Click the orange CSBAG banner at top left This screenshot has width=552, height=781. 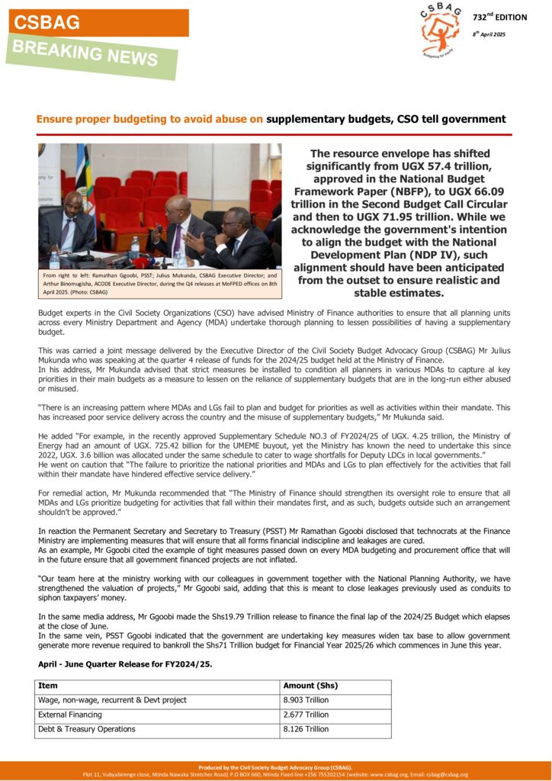tap(98, 23)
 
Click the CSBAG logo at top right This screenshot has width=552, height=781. tap(440, 30)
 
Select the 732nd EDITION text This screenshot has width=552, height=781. tap(499, 17)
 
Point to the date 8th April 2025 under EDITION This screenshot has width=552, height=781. tap(489, 34)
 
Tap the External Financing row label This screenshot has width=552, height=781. tap(70, 715)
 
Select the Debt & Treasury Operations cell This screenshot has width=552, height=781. tap(87, 729)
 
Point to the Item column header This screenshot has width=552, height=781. tap(48, 685)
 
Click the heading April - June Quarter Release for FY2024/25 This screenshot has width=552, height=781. tap(125, 664)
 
